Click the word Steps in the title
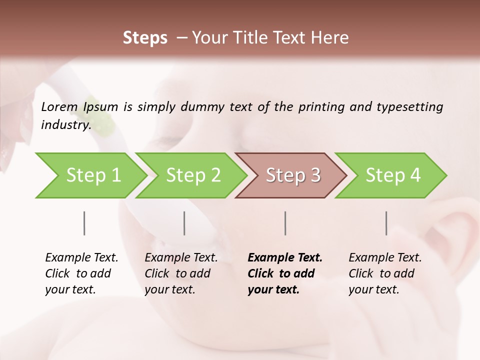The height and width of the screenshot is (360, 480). [x=145, y=38]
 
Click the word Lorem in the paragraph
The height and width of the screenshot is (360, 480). [x=59, y=106]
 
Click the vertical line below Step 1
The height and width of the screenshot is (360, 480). [x=84, y=223]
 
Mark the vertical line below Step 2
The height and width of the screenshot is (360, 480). [x=184, y=223]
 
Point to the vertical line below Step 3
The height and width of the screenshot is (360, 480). [x=285, y=223]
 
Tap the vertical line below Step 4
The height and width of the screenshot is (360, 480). [x=386, y=223]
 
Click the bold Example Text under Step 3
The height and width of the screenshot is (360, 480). [x=285, y=258]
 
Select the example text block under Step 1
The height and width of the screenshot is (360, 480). [x=81, y=273]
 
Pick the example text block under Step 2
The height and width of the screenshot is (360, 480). [x=181, y=273]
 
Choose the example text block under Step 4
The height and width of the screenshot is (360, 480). [x=385, y=273]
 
